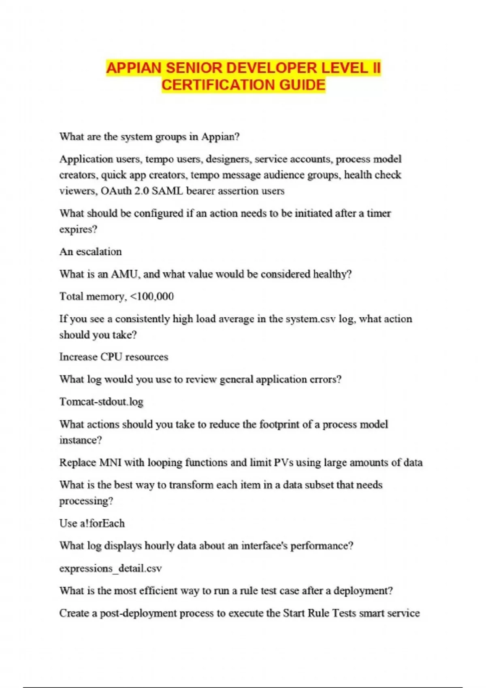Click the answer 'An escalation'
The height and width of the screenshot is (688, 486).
(90, 252)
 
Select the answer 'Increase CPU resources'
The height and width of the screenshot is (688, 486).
(113, 357)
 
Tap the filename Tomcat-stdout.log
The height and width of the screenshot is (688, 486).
(101, 402)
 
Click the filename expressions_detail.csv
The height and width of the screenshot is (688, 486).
(111, 569)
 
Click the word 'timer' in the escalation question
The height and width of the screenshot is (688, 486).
(379, 213)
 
